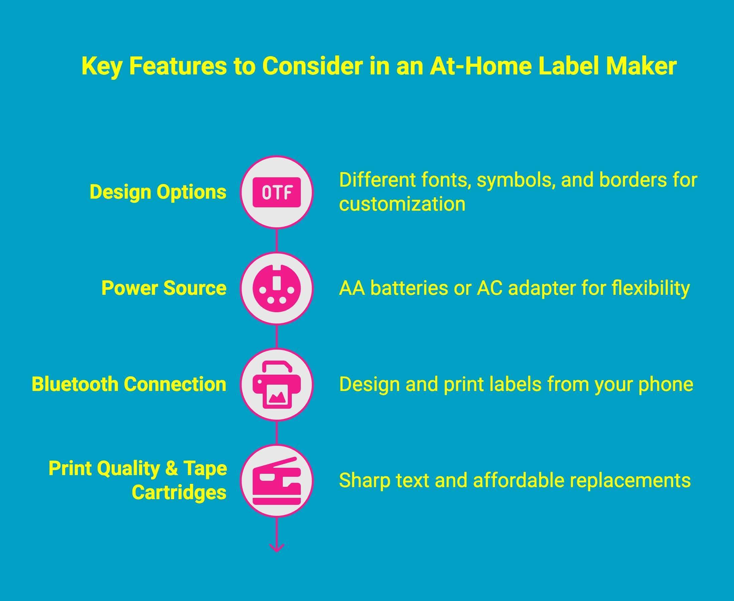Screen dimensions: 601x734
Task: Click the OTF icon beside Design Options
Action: [276, 192]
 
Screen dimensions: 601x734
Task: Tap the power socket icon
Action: [276, 288]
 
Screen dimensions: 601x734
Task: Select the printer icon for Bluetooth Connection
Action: [276, 385]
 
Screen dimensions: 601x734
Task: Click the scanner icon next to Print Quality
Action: [276, 481]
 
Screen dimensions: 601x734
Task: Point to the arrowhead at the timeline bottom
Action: [276, 548]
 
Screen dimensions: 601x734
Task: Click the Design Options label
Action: [158, 192]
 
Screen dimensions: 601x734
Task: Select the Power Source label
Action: [163, 288]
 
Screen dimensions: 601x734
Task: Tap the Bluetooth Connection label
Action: [129, 384]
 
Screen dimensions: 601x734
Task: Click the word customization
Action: [402, 204]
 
